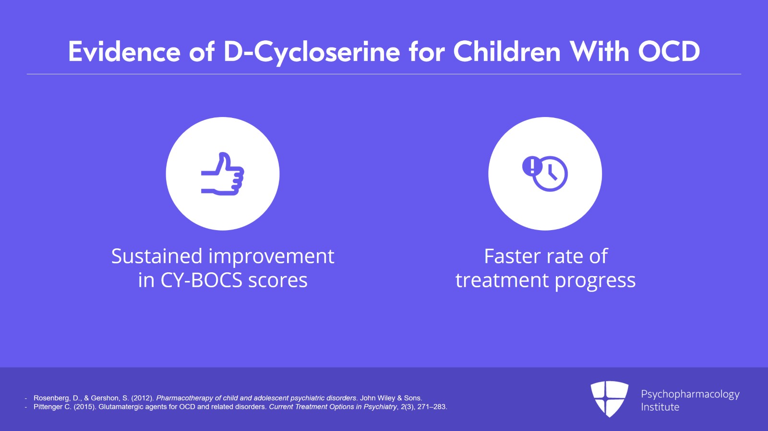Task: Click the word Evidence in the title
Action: click(124, 51)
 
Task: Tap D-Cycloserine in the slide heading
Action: click(312, 51)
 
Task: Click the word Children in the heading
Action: click(507, 51)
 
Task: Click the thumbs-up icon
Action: click(223, 174)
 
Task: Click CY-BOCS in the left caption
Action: click(201, 280)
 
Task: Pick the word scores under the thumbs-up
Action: click(277, 280)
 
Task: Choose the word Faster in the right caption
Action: click(511, 256)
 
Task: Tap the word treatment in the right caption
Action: click(502, 280)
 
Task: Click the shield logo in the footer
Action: click(609, 398)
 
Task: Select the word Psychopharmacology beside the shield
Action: click(690, 394)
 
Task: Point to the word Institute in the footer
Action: click(660, 407)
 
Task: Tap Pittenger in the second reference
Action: click(48, 407)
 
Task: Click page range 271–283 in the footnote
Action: click(432, 407)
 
